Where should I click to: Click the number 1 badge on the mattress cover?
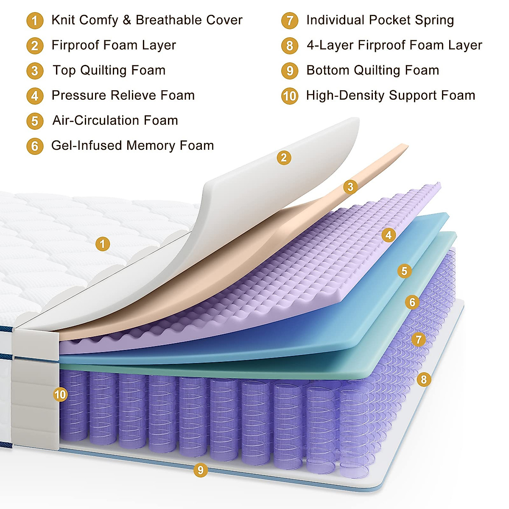pos(102,244)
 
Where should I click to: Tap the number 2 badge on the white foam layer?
pos(284,158)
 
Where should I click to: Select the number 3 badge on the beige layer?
pos(350,187)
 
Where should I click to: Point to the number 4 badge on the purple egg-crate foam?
pos(389,235)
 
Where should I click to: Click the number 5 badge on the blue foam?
pos(404,271)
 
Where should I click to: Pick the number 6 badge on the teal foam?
pos(412,302)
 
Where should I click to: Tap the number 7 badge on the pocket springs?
pos(419,339)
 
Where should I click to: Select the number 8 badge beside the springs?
pos(423,379)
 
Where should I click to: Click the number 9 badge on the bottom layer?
pos(200,470)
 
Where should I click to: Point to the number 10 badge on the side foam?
pos(60,395)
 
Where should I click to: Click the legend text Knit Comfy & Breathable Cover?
pos(147,20)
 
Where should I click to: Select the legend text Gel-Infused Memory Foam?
pos(132,145)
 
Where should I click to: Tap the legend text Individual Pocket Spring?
pos(380,20)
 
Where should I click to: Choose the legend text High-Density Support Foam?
pos(391,95)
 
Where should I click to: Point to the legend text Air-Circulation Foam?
pos(115,120)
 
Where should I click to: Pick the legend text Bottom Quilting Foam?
pos(373,70)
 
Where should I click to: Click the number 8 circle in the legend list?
pos(289,45)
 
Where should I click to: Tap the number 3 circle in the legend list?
pos(35,71)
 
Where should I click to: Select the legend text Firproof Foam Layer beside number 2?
pos(114,45)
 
